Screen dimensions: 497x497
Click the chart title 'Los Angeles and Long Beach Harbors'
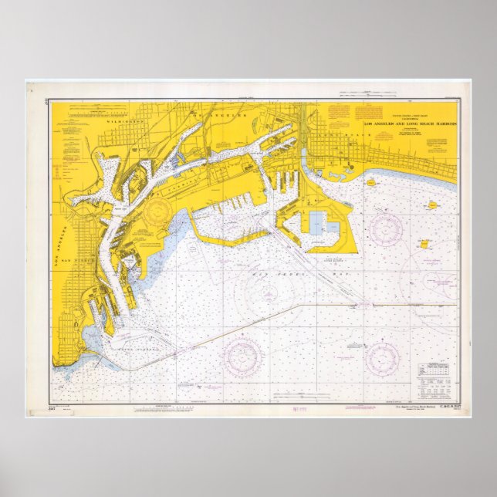coord(411,123)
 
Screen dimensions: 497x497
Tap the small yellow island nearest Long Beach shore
coord(370,183)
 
